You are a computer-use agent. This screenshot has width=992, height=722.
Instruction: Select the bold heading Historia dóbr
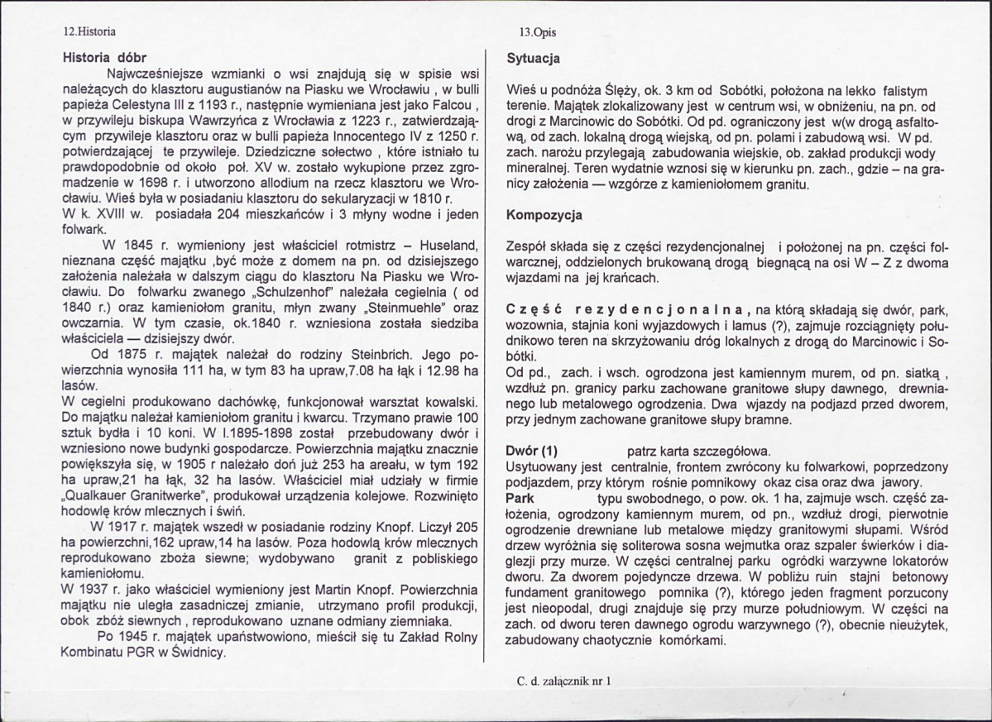point(105,59)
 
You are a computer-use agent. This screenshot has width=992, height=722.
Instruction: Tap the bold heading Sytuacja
point(534,59)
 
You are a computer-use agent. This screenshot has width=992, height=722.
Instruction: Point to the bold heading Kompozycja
point(544,215)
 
